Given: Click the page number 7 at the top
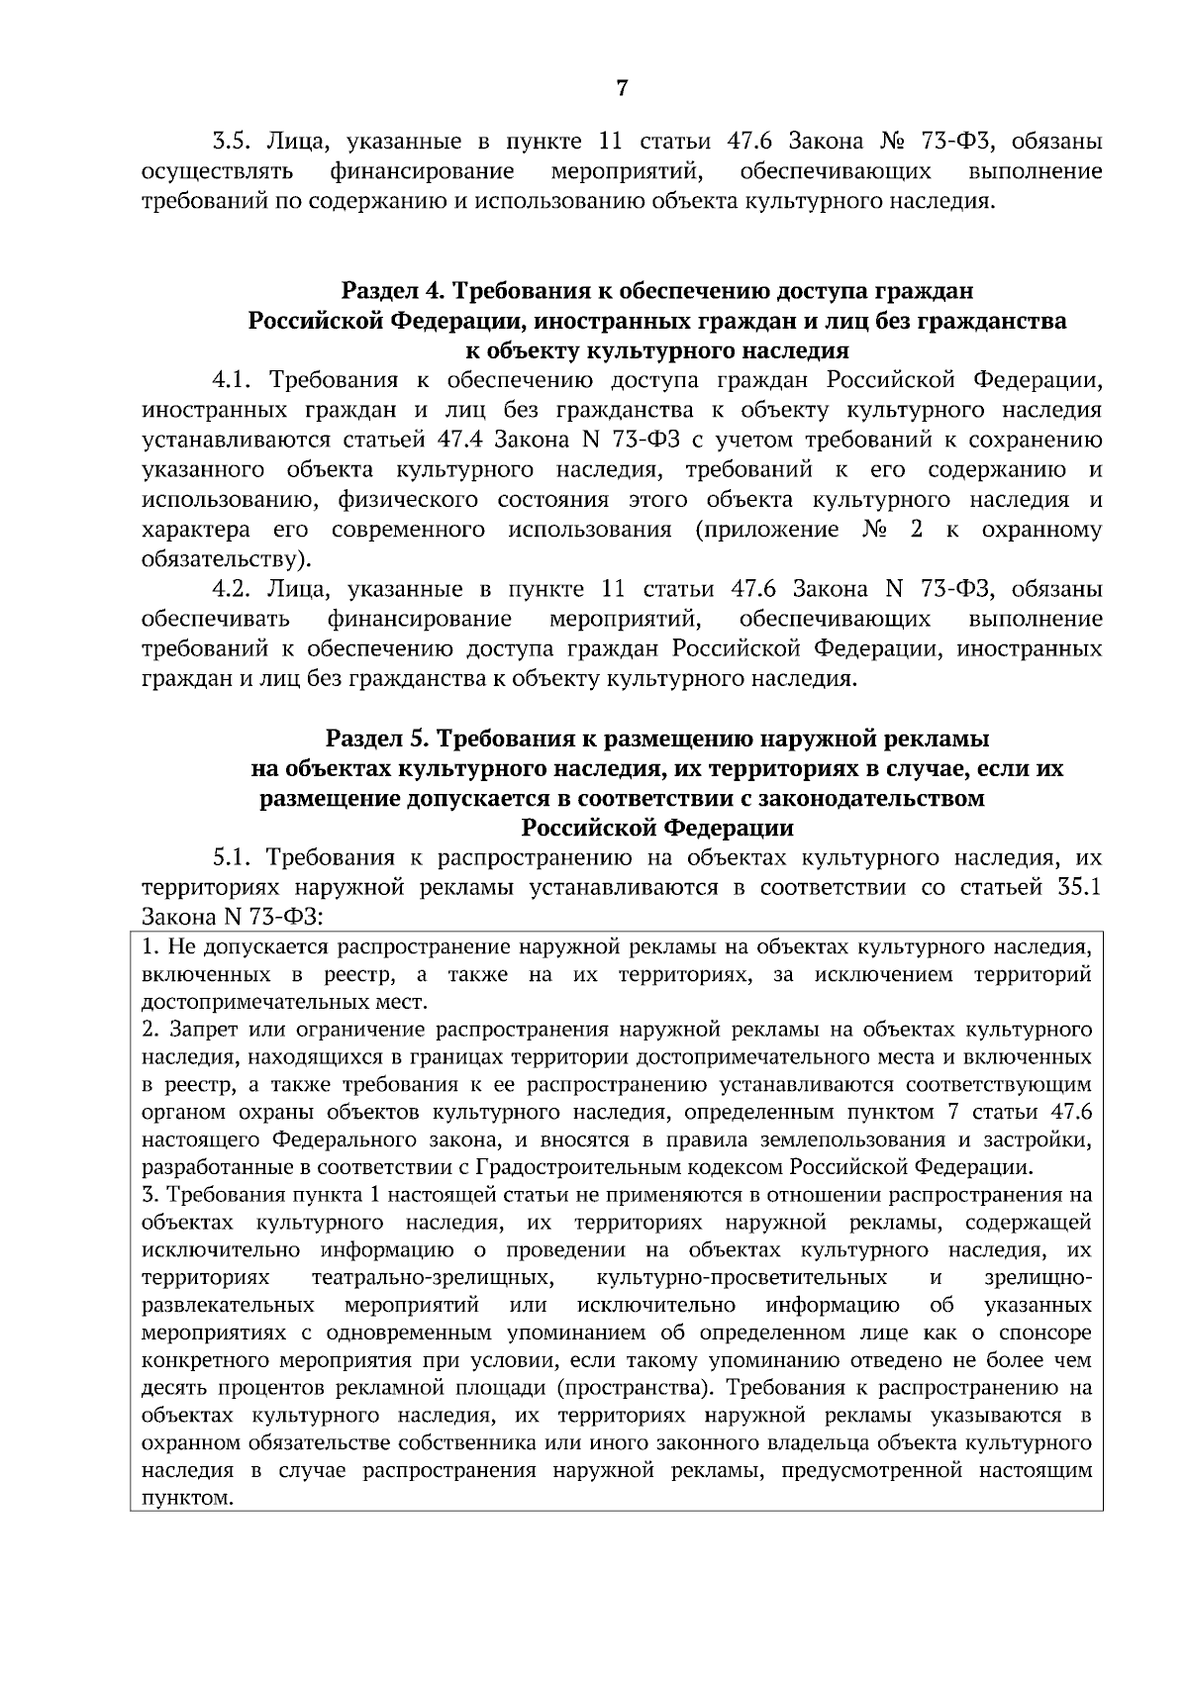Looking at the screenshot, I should coord(621,88).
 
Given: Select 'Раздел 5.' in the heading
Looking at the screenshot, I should coord(377,739).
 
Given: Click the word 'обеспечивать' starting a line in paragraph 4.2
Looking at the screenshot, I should coord(217,620).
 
